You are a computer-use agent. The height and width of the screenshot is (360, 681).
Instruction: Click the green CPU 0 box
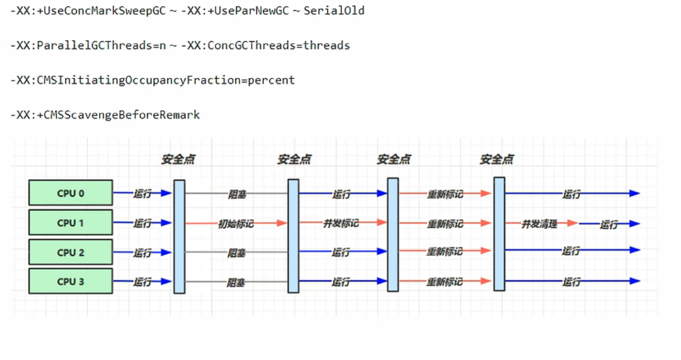pyautogui.click(x=70, y=193)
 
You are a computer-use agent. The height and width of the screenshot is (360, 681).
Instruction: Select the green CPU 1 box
pyautogui.click(x=70, y=223)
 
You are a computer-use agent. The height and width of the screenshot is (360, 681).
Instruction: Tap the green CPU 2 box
pyautogui.click(x=70, y=252)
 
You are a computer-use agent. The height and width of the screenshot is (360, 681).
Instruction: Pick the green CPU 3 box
pyautogui.click(x=70, y=282)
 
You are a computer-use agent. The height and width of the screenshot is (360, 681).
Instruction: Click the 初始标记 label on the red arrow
pyautogui.click(x=235, y=224)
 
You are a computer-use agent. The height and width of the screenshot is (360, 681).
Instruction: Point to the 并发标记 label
pyautogui.click(x=341, y=223)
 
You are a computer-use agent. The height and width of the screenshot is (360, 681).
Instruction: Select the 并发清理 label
pyautogui.click(x=539, y=224)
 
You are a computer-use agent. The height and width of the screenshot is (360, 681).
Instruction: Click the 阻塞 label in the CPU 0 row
pyautogui.click(x=237, y=194)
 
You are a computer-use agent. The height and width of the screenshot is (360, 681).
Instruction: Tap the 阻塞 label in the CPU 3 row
pyautogui.click(x=237, y=282)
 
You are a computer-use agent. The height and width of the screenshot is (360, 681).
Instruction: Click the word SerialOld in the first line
pyautogui.click(x=334, y=11)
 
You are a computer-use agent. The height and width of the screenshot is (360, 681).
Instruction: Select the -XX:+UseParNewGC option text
pyautogui.click(x=235, y=11)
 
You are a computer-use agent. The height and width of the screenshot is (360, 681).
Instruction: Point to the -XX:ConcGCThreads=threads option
pyautogui.click(x=265, y=46)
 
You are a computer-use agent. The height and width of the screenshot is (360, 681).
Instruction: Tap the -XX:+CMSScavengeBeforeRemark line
pyautogui.click(x=105, y=115)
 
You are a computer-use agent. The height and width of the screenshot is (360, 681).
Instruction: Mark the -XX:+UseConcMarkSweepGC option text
pyautogui.click(x=88, y=11)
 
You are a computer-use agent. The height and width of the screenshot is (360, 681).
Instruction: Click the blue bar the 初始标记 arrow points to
pyautogui.click(x=293, y=236)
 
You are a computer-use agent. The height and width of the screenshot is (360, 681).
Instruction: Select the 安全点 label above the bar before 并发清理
pyautogui.click(x=497, y=160)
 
